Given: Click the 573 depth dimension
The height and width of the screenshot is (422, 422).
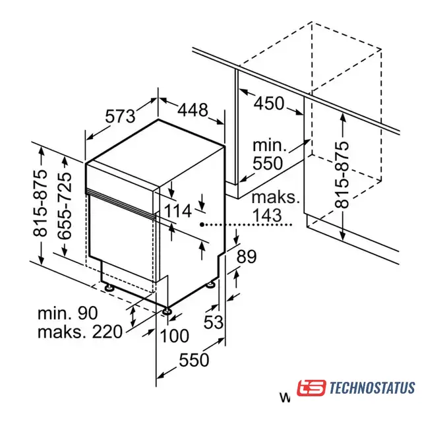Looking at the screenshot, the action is pos(120,116).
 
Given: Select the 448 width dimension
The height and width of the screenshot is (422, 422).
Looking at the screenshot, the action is pos(193,110).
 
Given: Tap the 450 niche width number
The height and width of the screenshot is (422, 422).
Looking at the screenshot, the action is pos(269,103).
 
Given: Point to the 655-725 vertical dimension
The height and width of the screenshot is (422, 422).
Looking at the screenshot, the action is pos(65,206).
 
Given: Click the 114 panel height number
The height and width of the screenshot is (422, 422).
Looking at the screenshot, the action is pos(177,211).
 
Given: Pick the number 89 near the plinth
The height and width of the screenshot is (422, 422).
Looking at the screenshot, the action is pos(247,256).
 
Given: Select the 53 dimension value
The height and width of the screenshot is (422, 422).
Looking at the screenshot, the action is pos(214,322).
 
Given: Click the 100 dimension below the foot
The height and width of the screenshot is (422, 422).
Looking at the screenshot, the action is pos(174,336).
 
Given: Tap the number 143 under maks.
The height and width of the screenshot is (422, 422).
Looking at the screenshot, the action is pos(267,216).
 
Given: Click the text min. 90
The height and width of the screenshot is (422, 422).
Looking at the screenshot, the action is pos(67,313).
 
